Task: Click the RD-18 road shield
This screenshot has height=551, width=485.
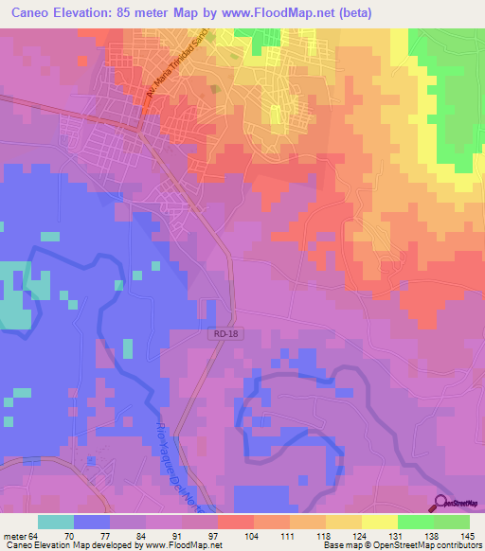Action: pos(220,335)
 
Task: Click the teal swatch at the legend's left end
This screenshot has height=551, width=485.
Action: pos(56,522)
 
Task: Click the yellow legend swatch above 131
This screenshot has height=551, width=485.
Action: pos(379,522)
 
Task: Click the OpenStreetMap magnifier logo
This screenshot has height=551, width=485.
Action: pos(442,502)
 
